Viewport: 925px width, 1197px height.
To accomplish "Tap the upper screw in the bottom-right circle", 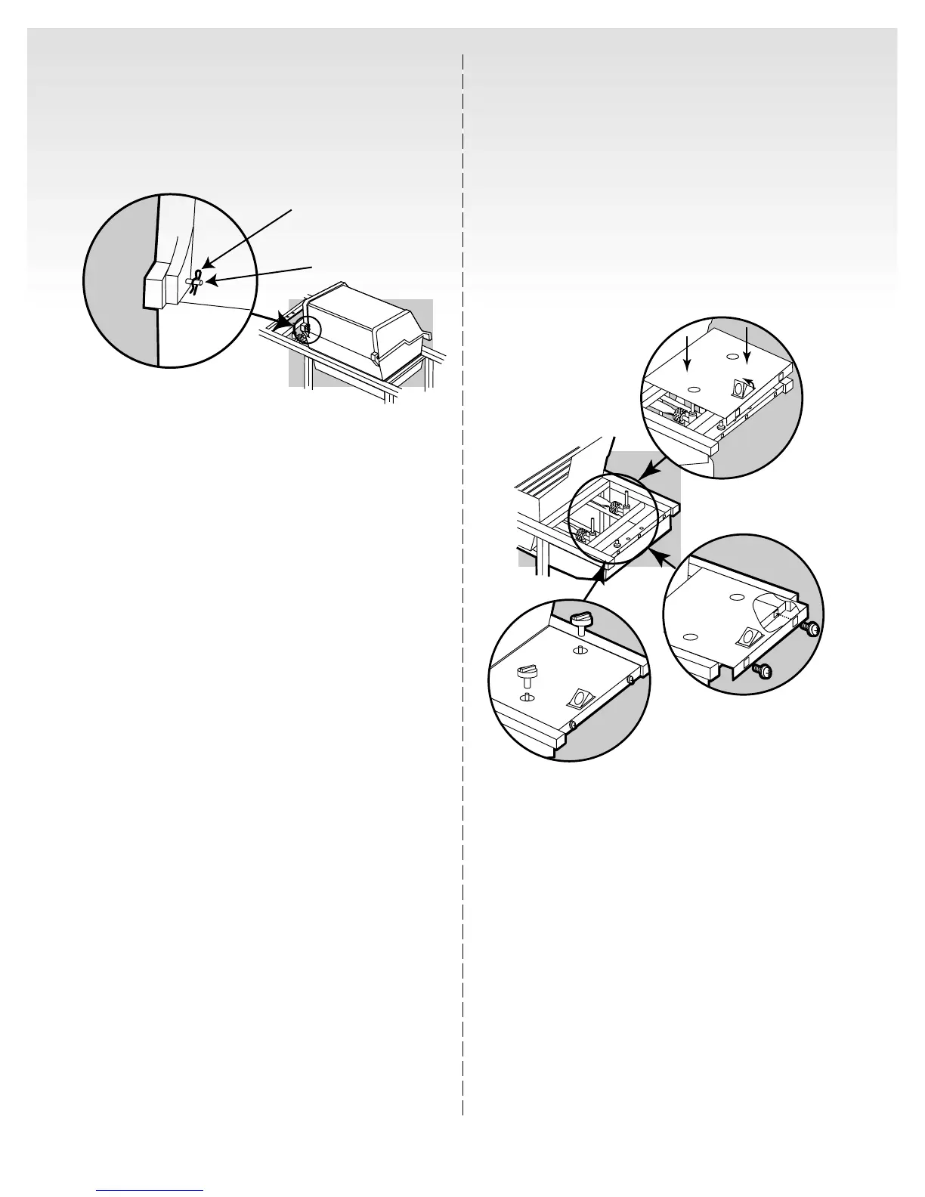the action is [812, 628].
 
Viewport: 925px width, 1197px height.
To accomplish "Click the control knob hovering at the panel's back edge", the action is [581, 623].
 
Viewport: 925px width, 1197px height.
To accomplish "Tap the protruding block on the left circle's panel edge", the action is [159, 286].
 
